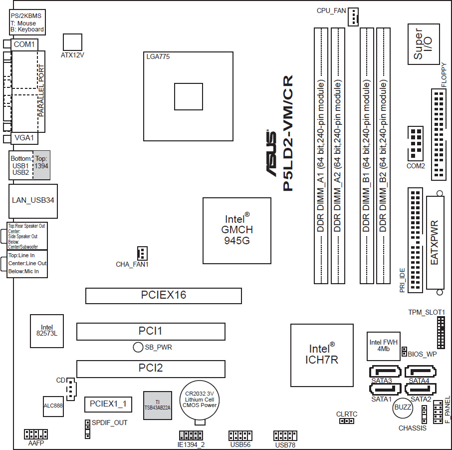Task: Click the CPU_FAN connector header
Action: [x=353, y=17]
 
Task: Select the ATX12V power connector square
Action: [x=72, y=42]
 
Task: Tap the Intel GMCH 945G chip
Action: [x=236, y=231]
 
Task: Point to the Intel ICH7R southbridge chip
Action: [x=322, y=355]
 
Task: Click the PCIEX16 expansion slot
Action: [x=164, y=296]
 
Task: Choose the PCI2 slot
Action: [x=151, y=369]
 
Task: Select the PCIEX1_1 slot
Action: [x=108, y=405]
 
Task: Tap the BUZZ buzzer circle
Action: [x=403, y=408]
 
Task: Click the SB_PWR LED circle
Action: [x=138, y=347]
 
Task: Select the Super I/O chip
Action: [x=424, y=44]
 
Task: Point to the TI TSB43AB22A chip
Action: [x=157, y=405]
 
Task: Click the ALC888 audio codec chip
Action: [x=53, y=407]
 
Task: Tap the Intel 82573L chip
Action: [x=47, y=331]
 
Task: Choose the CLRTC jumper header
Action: [x=347, y=421]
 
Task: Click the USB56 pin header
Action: [x=240, y=436]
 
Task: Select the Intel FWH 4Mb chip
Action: [x=383, y=346]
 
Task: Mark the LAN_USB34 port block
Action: [x=33, y=201]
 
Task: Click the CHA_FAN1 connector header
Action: [x=142, y=253]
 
